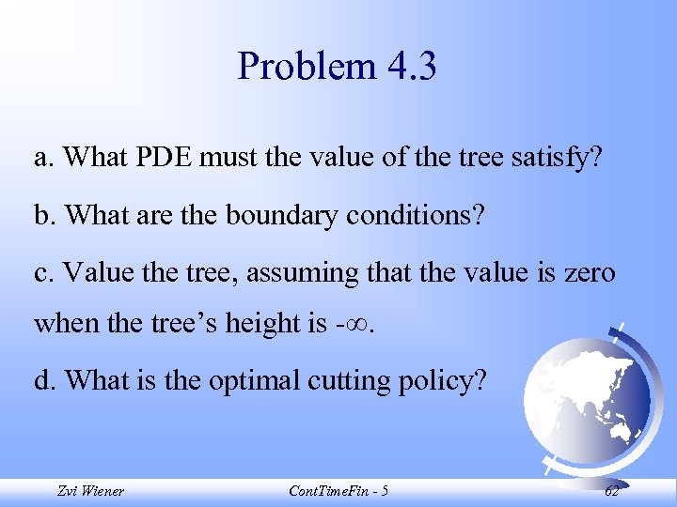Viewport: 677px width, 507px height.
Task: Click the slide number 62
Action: pyautogui.click(x=612, y=491)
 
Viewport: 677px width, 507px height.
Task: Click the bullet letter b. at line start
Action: pyautogui.click(x=44, y=215)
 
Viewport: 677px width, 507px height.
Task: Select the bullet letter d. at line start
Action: pyautogui.click(x=44, y=381)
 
